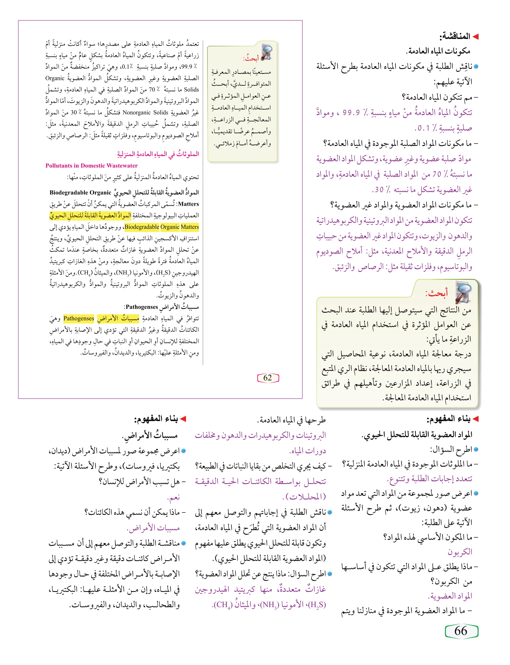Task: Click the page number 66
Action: click(461, 631)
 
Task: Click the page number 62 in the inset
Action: click(267, 378)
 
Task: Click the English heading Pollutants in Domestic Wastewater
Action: click(91, 165)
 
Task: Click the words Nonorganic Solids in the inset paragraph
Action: click(145, 112)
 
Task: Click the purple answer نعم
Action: click(174, 497)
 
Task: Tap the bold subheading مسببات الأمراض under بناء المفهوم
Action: click(150, 436)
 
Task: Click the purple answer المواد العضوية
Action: click(450, 596)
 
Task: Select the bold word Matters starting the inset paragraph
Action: click(188, 204)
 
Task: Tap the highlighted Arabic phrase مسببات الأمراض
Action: click(118, 319)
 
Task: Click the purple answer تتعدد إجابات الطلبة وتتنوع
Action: click(430, 479)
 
